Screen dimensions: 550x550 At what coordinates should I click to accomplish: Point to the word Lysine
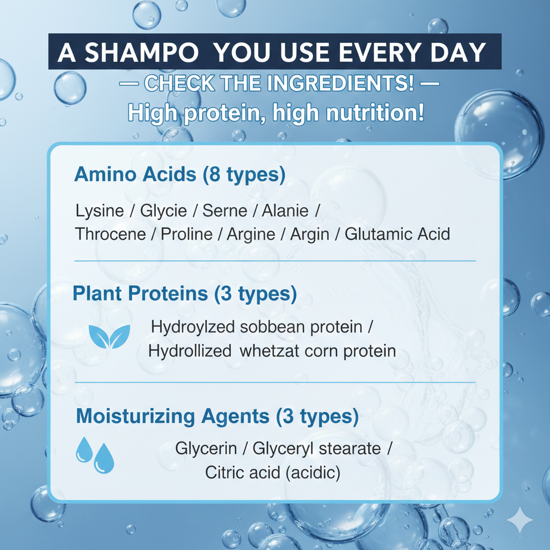(x=99, y=211)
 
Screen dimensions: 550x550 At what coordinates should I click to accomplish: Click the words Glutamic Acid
(x=397, y=235)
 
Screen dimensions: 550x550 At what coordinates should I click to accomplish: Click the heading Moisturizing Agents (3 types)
(x=217, y=416)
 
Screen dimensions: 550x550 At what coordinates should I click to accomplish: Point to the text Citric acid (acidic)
(x=272, y=473)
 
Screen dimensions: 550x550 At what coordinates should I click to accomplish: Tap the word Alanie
(x=285, y=211)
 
